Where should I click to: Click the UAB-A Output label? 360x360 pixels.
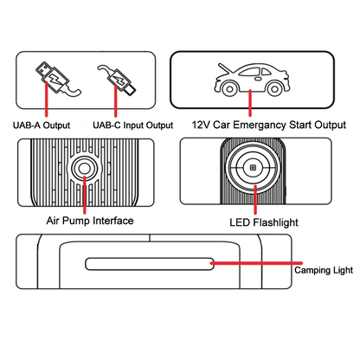pos(42,125)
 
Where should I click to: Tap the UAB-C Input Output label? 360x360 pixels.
pos(133,125)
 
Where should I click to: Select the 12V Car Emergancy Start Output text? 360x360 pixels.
pos(269,125)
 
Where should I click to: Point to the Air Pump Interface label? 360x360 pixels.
pos(90,221)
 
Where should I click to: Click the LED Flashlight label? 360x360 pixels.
pos(264,222)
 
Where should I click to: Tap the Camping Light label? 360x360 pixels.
pos(324,270)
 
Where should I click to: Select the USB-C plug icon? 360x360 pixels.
pos(117,79)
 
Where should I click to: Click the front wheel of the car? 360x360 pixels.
pos(230,88)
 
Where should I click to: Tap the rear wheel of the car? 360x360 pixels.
pos(275,88)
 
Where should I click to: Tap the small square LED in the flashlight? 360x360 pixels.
pos(253,168)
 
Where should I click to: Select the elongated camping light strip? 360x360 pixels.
pos(150,264)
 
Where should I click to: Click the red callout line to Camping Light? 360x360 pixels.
pos(256,263)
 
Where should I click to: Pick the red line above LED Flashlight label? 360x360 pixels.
pos(255,200)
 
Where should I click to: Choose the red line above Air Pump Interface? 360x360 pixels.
pos(84,195)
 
